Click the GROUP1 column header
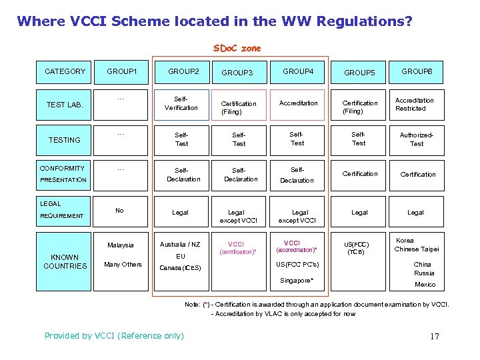tap(122, 71)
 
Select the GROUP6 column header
tap(417, 71)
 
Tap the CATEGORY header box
tap(65, 71)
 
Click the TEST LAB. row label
tap(65, 105)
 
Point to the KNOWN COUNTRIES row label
tap(65, 261)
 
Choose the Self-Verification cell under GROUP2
tap(181, 103)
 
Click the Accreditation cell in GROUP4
tap(298, 103)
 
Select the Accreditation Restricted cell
tap(414, 104)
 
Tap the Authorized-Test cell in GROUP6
tap(417, 139)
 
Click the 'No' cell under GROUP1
tap(119, 211)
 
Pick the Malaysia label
tap(120, 245)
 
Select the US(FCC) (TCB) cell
tap(361, 248)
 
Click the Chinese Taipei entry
tap(416, 249)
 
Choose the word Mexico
tap(425, 285)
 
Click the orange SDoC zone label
tap(237, 48)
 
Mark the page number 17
tap(435, 336)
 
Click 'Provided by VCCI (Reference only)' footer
tap(114, 335)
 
